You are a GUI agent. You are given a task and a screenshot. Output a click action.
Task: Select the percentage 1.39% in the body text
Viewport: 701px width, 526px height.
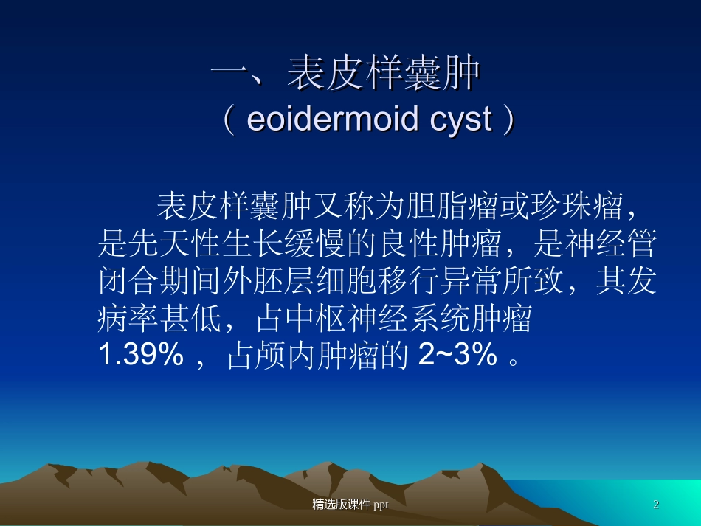pos(141,357)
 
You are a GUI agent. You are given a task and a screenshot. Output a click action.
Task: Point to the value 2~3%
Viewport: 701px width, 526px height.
pos(457,357)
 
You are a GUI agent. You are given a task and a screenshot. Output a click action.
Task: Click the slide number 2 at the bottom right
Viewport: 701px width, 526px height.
pos(656,505)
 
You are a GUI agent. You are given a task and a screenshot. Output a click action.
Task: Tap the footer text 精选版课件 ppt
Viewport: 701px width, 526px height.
pos(350,505)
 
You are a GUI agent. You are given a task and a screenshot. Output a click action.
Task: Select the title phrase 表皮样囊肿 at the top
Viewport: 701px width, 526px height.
pos(384,74)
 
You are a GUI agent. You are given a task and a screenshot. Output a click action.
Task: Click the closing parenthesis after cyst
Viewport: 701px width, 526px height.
pos(508,120)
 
